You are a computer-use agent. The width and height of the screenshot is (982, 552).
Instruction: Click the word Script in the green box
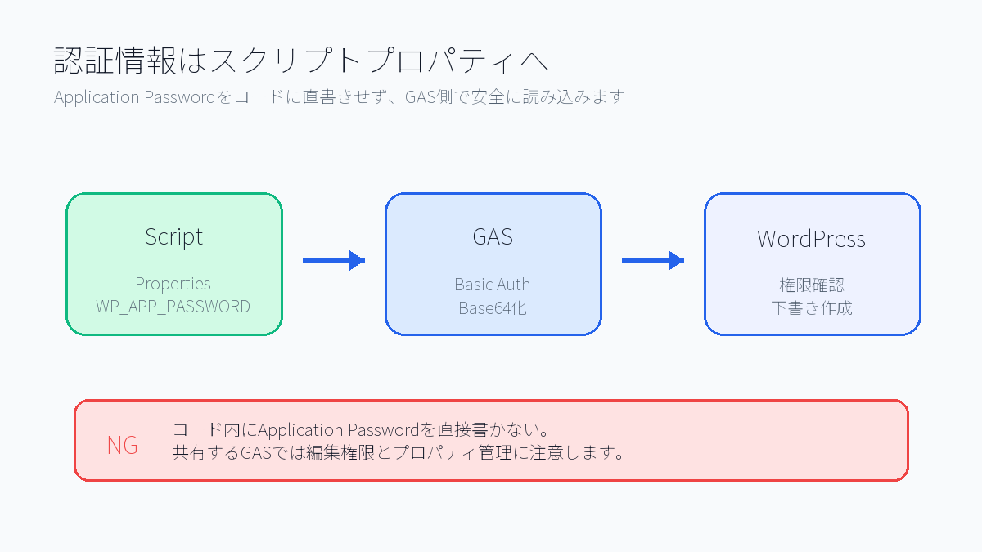coord(173,237)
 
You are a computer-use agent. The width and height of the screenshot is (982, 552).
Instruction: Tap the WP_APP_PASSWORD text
coord(173,307)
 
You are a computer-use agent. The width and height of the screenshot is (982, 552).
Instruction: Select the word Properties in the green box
coord(173,284)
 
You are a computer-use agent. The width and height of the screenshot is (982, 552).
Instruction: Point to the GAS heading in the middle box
coord(493,237)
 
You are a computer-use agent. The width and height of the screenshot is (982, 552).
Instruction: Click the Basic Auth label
coord(493,285)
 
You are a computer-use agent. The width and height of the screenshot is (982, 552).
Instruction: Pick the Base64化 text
coord(493,308)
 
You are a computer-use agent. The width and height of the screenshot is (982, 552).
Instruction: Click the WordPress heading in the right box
coord(811,239)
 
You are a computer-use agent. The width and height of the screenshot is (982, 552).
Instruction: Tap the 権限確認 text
coord(811,285)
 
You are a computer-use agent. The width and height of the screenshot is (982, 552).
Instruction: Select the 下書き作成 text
coord(811,308)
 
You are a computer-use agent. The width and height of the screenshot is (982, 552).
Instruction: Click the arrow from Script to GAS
coord(333,261)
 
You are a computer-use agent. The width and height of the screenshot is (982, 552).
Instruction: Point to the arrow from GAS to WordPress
coord(652,261)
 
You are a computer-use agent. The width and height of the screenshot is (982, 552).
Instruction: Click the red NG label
coord(123,446)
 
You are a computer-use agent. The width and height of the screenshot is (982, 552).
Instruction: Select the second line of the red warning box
coord(399,452)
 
